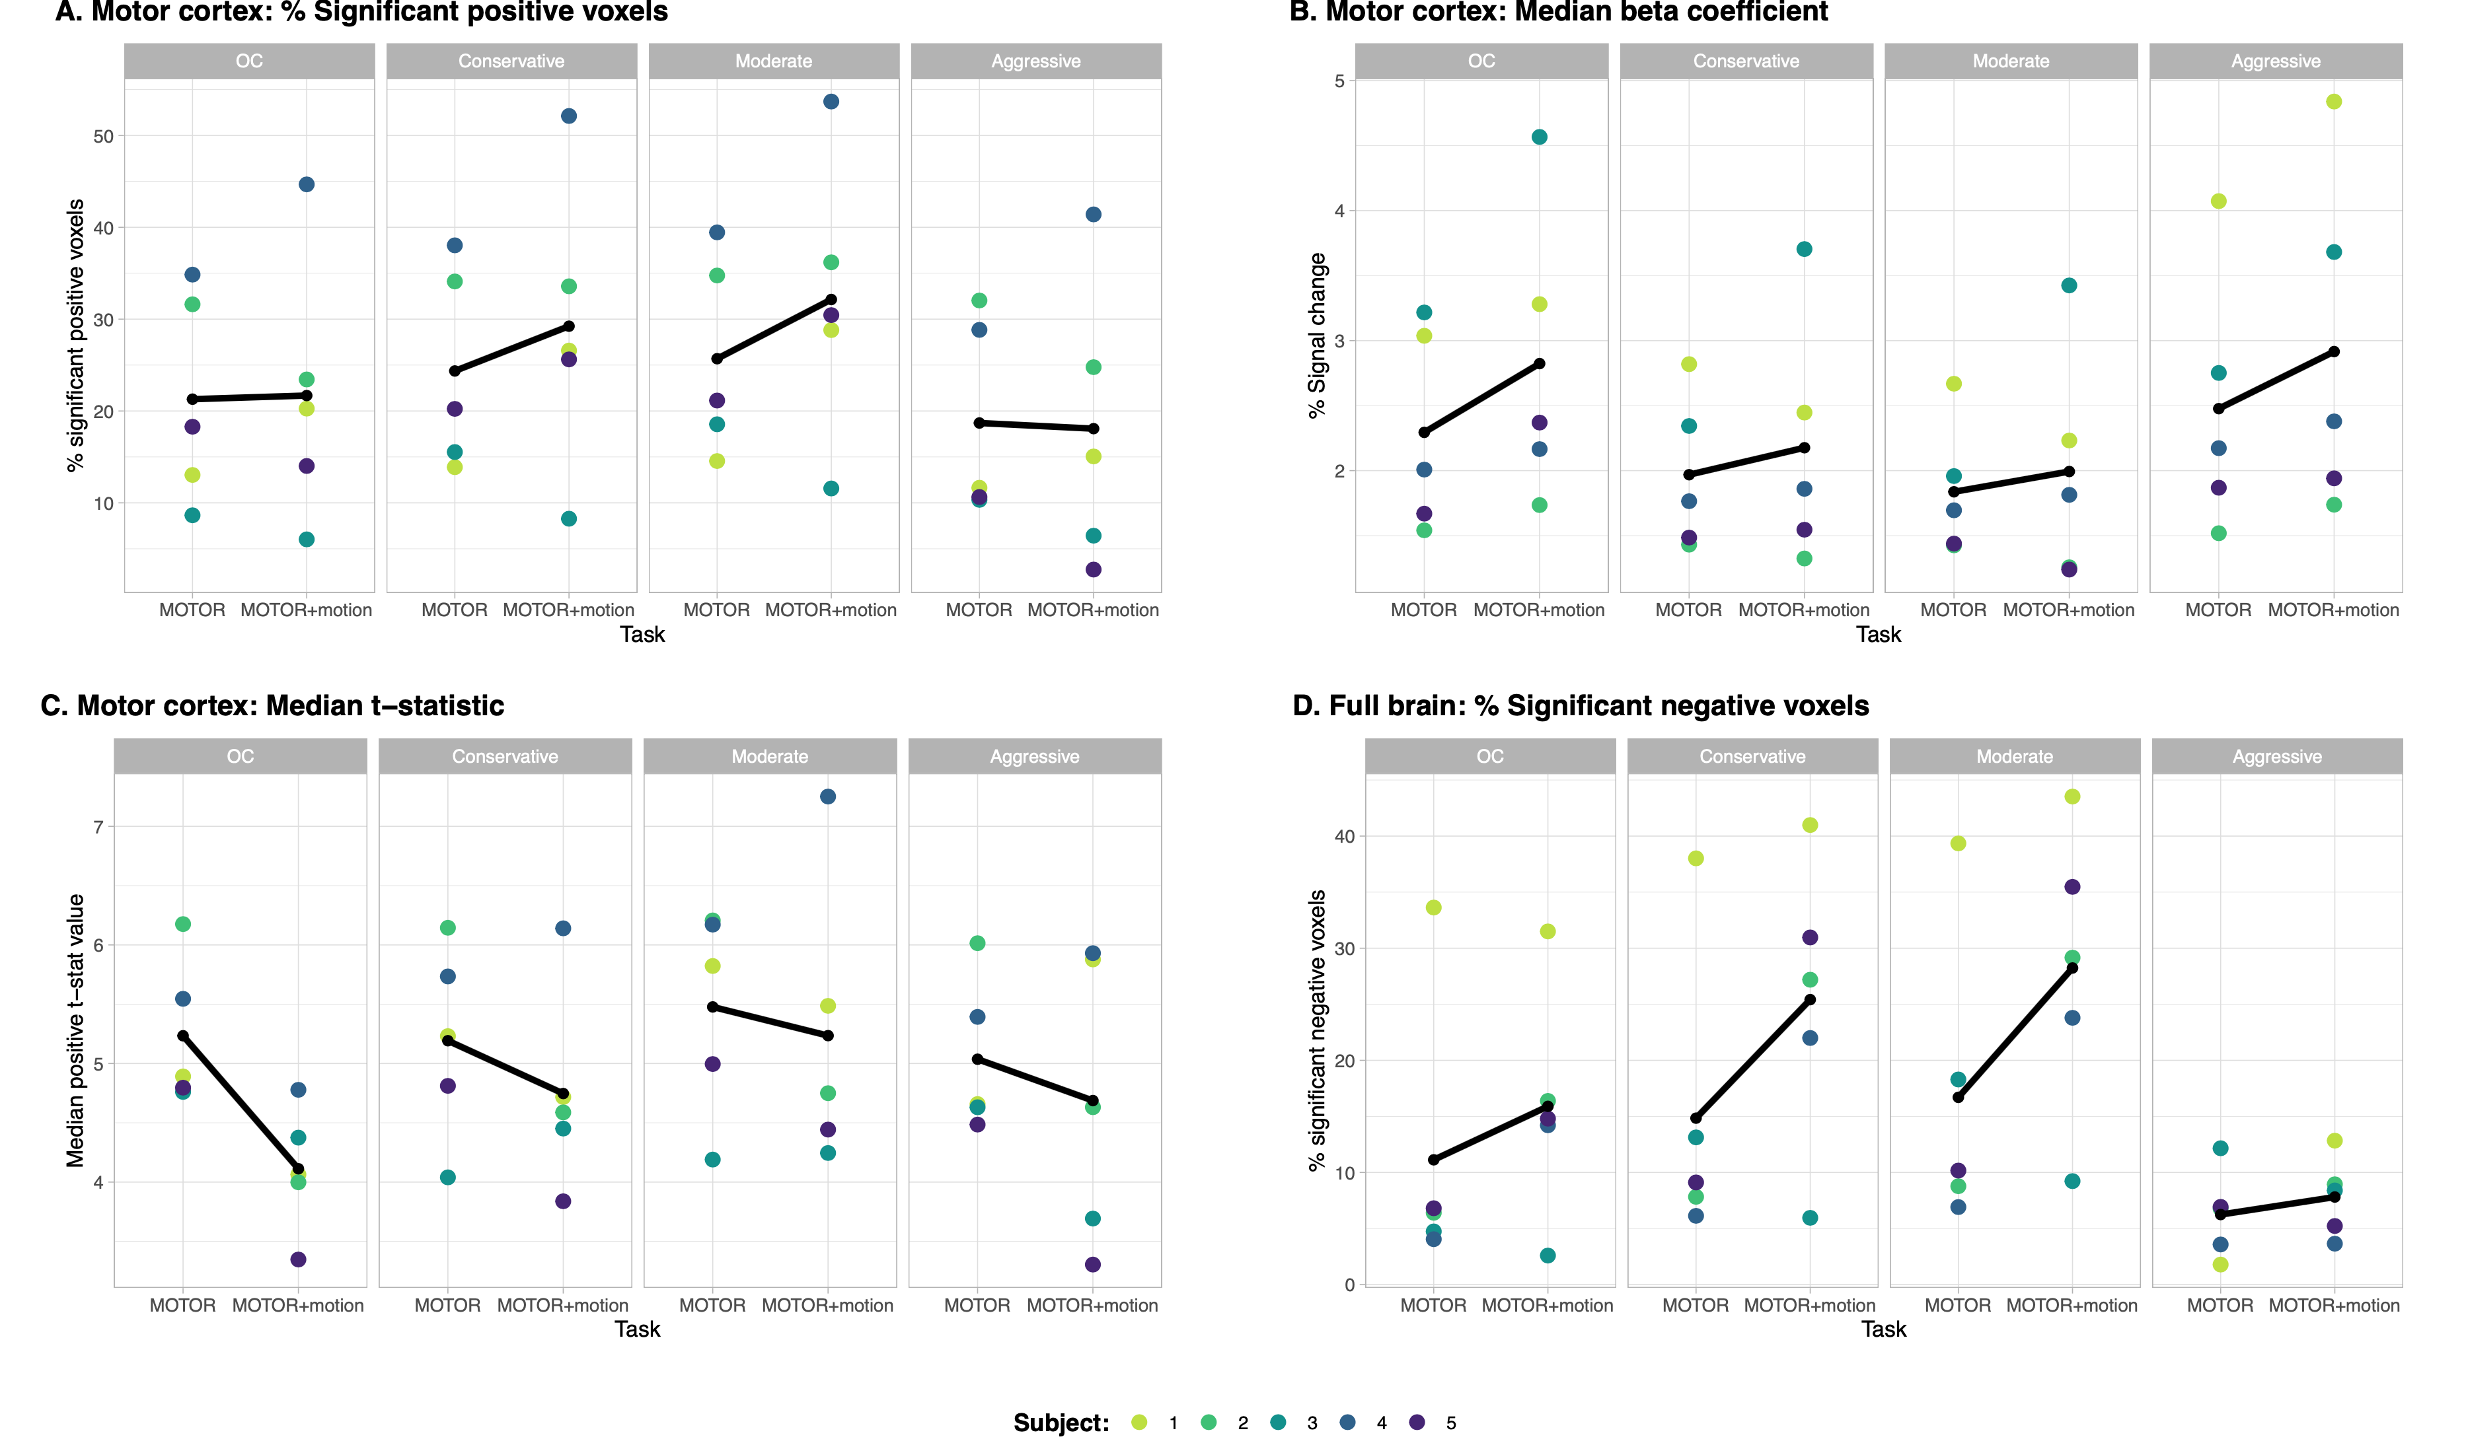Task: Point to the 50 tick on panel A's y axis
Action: tap(103, 136)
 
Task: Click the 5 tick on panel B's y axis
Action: tap(1339, 81)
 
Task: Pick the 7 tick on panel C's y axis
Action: tap(98, 827)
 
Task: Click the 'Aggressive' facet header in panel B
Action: tap(2275, 61)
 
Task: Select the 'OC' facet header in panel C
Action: tap(240, 756)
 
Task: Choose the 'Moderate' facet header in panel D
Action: tap(2014, 756)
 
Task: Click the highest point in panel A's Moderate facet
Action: tap(831, 102)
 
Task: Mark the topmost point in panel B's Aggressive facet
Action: tap(2333, 102)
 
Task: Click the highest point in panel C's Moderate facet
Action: tap(828, 796)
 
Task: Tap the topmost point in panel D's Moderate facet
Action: tap(2072, 796)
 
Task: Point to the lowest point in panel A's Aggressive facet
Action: tap(1093, 569)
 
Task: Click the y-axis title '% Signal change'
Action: tap(1317, 336)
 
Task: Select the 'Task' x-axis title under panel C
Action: tap(637, 1329)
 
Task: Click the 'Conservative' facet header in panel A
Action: tap(511, 61)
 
